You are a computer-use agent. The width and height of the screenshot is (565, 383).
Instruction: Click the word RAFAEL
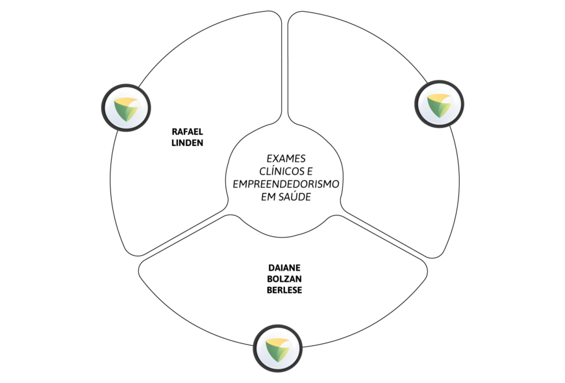point(187,132)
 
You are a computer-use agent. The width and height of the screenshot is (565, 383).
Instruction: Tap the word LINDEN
point(187,143)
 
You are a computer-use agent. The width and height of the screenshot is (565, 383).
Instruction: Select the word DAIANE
point(284,267)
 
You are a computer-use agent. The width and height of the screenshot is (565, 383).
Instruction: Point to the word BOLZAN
point(284,279)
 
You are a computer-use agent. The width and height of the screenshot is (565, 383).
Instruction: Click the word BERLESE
point(284,290)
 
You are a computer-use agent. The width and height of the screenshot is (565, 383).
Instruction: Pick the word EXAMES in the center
point(286,158)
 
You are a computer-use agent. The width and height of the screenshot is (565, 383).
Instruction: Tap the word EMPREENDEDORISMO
point(286,184)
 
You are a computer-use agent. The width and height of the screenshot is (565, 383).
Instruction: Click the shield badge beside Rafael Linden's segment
point(126,108)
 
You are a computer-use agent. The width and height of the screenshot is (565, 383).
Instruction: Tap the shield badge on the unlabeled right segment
point(439,104)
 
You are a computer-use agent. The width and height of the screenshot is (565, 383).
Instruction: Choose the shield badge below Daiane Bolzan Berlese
point(277,349)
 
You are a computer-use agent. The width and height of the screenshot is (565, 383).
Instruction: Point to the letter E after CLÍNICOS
point(310,171)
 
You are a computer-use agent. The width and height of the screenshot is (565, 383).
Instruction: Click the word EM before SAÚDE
point(268,197)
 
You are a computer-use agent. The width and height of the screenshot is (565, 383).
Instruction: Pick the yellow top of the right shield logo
point(438,97)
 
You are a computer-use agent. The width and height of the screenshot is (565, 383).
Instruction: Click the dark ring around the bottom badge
point(277,326)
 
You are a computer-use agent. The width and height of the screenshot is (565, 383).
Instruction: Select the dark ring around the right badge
point(439,81)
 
